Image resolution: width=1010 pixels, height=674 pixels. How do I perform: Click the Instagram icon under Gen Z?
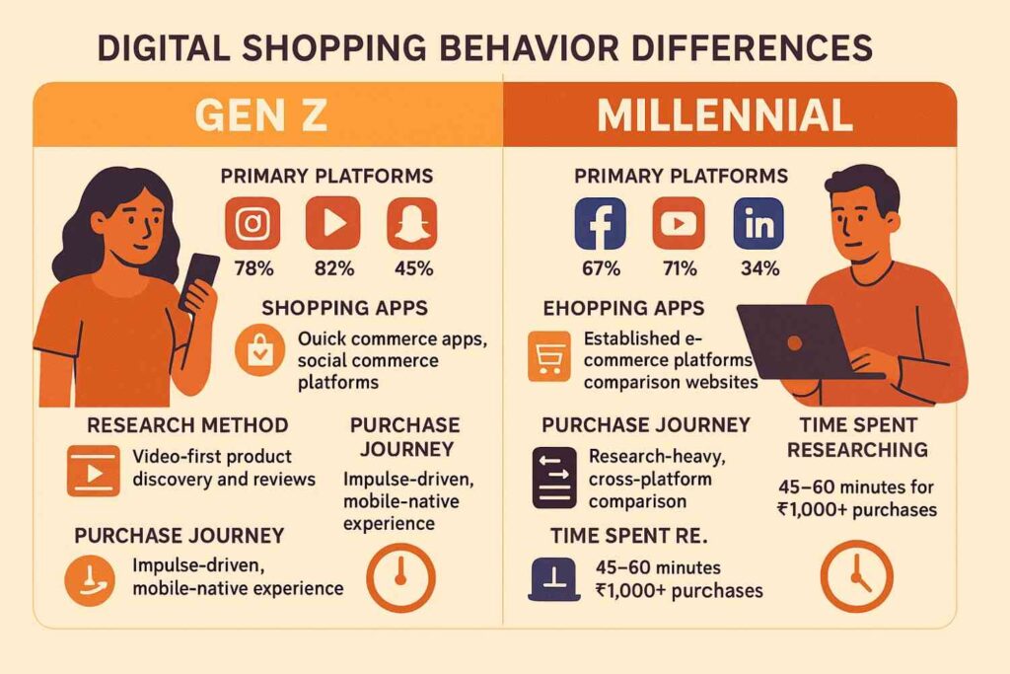pyautogui.click(x=252, y=223)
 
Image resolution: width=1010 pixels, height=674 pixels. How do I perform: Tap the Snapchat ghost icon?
pyautogui.click(x=412, y=223)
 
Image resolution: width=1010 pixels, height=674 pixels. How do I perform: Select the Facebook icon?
pyautogui.click(x=600, y=223)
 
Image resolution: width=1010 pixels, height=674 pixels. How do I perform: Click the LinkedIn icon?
pyautogui.click(x=758, y=223)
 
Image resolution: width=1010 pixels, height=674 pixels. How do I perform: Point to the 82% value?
pyautogui.click(x=333, y=268)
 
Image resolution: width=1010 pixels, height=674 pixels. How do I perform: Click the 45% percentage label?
pyautogui.click(x=413, y=268)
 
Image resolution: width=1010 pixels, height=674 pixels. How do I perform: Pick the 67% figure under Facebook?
pyautogui.click(x=601, y=268)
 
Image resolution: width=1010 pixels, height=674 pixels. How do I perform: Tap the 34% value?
pyautogui.click(x=760, y=268)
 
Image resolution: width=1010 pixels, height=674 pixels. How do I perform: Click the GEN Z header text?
pyautogui.click(x=260, y=115)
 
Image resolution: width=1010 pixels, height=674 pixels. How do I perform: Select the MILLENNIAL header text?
pyautogui.click(x=725, y=115)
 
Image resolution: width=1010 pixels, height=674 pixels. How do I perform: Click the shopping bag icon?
pyautogui.click(x=260, y=350)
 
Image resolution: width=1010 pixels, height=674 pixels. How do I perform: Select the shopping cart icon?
pyautogui.click(x=548, y=355)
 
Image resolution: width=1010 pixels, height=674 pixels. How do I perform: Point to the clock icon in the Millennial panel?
pyautogui.click(x=857, y=575)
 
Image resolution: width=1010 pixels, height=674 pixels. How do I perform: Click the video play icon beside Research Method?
pyautogui.click(x=94, y=471)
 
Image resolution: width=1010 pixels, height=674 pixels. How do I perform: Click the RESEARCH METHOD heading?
pyautogui.click(x=187, y=425)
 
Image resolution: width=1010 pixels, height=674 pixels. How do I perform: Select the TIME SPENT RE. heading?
pyautogui.click(x=628, y=536)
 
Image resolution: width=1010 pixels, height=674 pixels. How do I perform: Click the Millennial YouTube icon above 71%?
pyautogui.click(x=679, y=223)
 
